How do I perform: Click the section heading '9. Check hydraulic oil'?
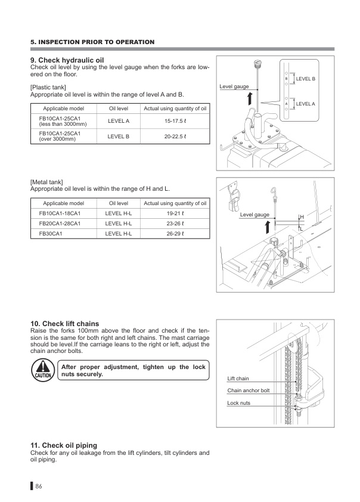tap(67, 60)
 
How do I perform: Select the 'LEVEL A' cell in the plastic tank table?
tap(119, 121)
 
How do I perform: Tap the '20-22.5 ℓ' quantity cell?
tap(175, 136)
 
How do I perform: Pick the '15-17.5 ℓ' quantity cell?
tap(175, 121)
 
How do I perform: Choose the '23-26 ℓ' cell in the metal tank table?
tap(175, 223)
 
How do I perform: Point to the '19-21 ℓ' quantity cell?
tap(175, 213)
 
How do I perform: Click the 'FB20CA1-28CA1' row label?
tap(59, 223)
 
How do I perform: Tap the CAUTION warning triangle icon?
tap(41, 371)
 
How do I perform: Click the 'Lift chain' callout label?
tap(238, 379)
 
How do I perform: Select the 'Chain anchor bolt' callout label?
tap(249, 391)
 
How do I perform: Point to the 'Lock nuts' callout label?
tap(239, 403)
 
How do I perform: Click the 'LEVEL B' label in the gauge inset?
tap(305, 79)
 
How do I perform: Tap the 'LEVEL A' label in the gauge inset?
tap(305, 104)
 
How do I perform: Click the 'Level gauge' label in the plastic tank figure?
tap(234, 86)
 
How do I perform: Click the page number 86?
tap(39, 486)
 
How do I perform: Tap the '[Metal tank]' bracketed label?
tap(46, 182)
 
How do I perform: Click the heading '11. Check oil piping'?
tap(63, 445)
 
